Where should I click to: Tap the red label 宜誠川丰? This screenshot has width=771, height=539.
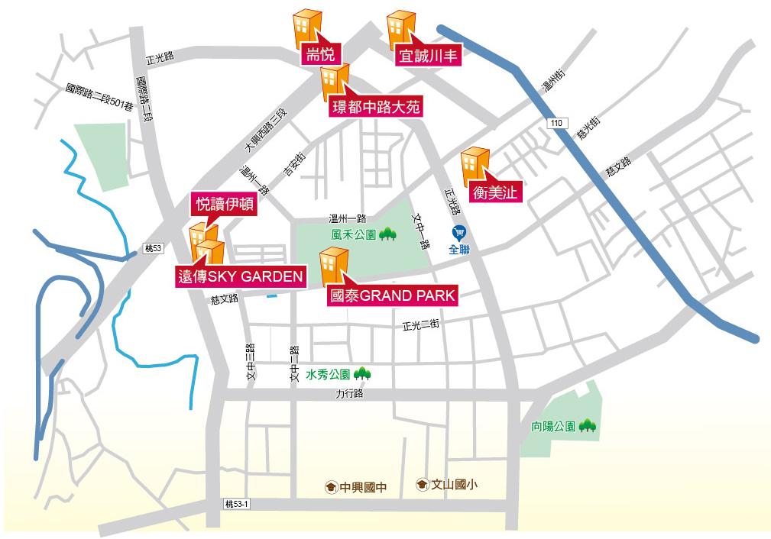pos(428,56)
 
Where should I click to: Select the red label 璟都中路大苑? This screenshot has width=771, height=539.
pos(376,107)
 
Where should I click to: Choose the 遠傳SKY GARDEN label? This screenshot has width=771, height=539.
pos(240,276)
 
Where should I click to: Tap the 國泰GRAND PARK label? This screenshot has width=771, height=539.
pos(390,295)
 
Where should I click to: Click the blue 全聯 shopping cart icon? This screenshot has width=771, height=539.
pos(458,231)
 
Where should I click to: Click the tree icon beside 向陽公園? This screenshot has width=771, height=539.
pos(587,424)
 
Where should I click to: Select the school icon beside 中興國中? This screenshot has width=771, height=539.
pos(330,486)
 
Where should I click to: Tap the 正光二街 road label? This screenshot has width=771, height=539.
pos(420,326)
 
